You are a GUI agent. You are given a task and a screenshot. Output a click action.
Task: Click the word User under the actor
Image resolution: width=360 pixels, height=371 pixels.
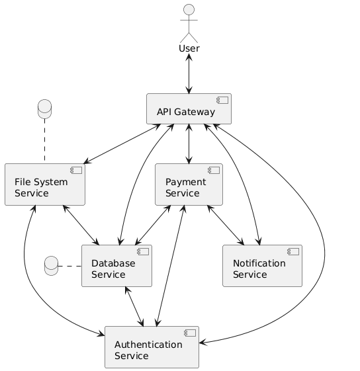coord(189,49)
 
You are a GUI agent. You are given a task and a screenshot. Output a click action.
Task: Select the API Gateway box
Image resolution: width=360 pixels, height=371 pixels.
coord(189,109)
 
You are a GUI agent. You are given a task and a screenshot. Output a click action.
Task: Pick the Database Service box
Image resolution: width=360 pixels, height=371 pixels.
coord(116,266)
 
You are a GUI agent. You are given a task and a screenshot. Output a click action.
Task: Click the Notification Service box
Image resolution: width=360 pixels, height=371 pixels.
coord(262,266)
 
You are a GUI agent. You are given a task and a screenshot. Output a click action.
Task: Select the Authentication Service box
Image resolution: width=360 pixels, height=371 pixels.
coord(152,347)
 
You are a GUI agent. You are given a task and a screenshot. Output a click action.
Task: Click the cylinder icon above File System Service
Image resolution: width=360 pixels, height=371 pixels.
coord(45,108)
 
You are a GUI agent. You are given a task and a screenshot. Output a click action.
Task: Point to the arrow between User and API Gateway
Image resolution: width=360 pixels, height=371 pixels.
coord(189,74)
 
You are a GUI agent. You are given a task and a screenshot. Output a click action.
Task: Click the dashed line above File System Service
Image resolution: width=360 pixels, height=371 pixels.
coord(45,142)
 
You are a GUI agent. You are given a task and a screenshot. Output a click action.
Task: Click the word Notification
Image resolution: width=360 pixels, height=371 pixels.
coord(259,263)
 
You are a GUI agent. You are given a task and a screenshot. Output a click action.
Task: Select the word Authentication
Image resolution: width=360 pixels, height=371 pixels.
coord(148,345)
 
